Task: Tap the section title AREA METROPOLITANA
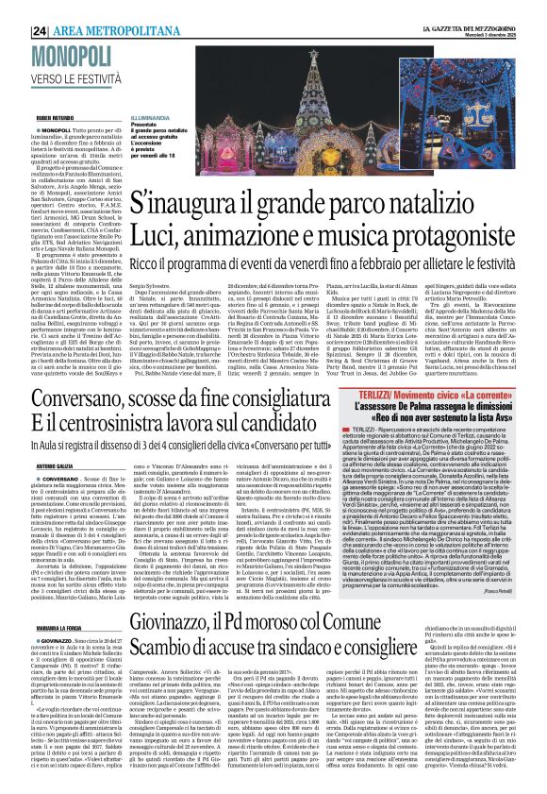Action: click(77, 8)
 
